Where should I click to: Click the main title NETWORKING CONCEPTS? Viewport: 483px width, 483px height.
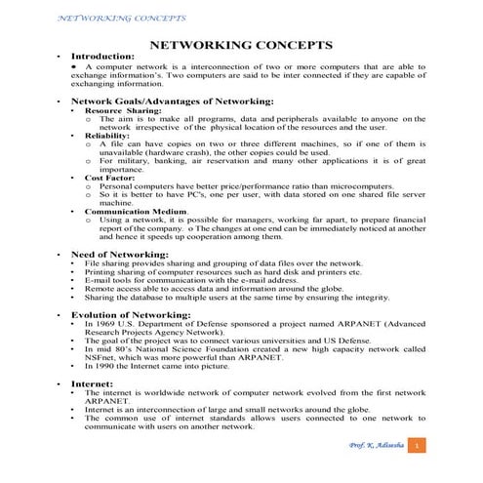240,45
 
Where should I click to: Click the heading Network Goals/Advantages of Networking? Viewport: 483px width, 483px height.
172,101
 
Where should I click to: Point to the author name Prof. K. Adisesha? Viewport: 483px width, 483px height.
375,446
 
